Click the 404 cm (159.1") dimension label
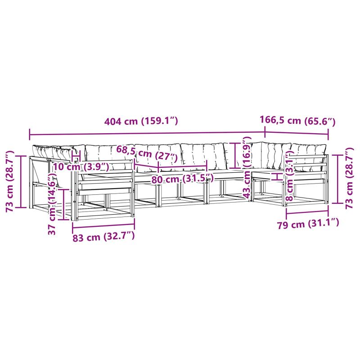(x=141, y=121)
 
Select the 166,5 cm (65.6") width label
(x=297, y=120)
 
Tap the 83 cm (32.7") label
(x=103, y=237)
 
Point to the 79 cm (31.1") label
(x=308, y=224)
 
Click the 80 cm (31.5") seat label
(x=183, y=179)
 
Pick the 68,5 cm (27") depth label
(x=147, y=153)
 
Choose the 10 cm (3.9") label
(x=81, y=166)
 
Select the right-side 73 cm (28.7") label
(x=350, y=178)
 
